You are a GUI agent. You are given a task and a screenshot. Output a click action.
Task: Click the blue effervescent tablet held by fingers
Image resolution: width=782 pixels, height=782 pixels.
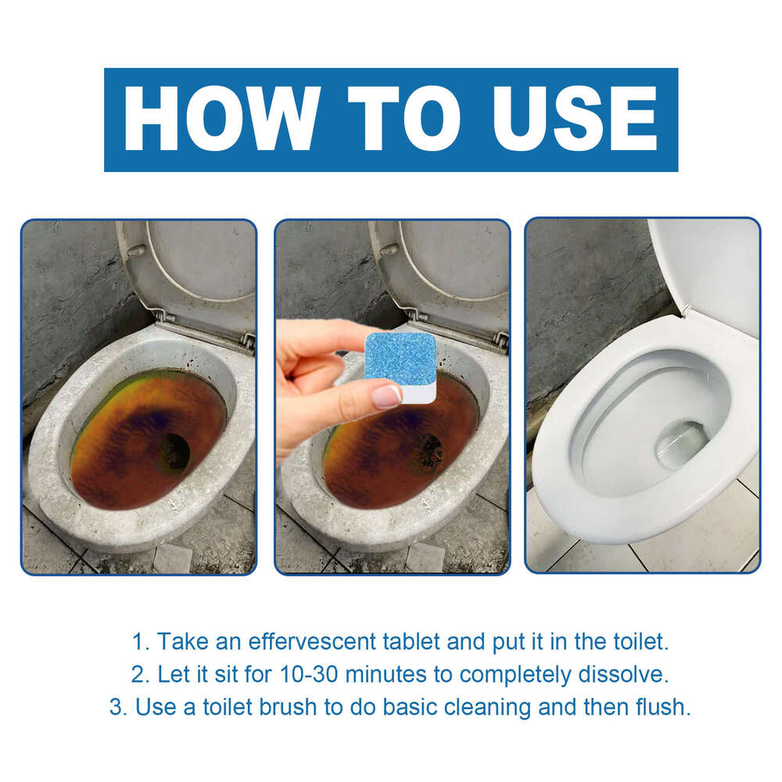click(x=401, y=357)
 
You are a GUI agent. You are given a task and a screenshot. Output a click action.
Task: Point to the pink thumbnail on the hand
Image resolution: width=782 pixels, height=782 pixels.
click(x=386, y=396)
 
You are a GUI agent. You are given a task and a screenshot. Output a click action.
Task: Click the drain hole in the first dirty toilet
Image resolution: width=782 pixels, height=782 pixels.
click(x=174, y=451)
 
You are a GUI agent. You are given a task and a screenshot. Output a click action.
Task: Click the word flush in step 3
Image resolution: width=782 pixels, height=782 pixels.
click(x=664, y=707)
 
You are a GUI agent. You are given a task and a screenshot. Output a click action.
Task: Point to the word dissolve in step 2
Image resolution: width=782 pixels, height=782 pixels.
click(x=633, y=674)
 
